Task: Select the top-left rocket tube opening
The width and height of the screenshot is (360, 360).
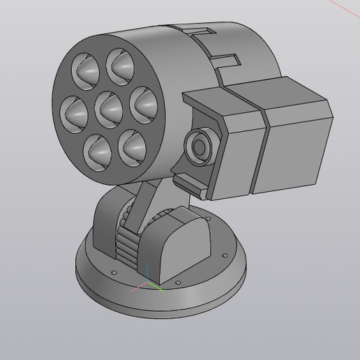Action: click(x=87, y=70)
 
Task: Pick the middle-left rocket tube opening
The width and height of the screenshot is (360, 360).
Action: click(x=75, y=114)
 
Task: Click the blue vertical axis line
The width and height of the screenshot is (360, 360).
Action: click(x=147, y=273)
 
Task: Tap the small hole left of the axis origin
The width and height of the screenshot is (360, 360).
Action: click(x=114, y=271)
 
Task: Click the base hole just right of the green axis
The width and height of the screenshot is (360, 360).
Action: click(x=178, y=283)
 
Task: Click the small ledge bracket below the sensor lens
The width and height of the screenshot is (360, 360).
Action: click(x=188, y=184)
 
